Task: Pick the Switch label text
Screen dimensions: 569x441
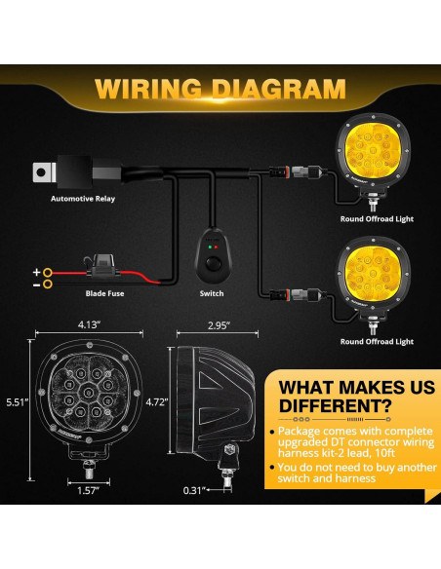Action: click(212, 293)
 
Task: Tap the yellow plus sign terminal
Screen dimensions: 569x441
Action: click(37, 272)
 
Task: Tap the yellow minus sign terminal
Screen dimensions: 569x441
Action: click(37, 285)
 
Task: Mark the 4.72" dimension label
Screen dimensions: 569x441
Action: click(155, 400)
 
